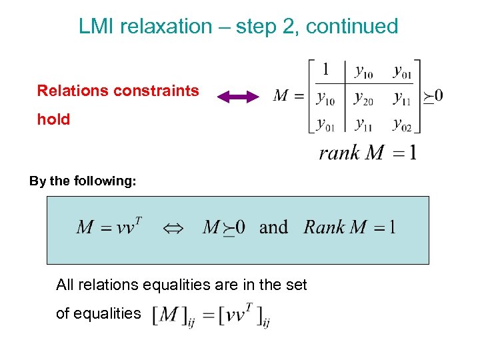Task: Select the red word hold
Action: (x=53, y=120)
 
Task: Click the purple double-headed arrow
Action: (x=238, y=97)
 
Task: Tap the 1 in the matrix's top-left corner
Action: (x=325, y=69)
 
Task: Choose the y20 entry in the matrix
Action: (x=363, y=98)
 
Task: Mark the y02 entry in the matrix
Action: (x=402, y=124)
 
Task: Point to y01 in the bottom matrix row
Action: (x=326, y=124)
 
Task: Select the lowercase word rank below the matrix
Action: (x=339, y=153)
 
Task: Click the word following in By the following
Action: (x=107, y=181)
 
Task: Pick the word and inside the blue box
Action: (x=273, y=227)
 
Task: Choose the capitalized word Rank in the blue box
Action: (x=323, y=227)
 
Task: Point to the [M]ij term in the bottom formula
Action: (x=169, y=315)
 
